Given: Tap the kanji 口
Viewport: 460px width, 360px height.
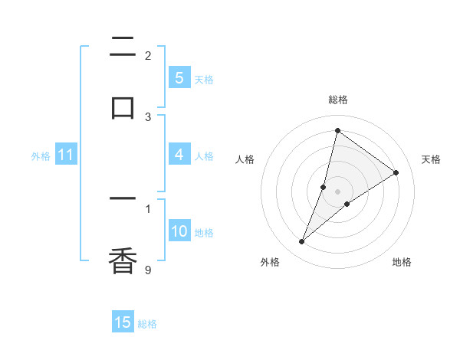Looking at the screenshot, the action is [123, 106].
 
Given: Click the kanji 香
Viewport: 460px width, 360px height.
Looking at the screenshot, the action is [123, 260].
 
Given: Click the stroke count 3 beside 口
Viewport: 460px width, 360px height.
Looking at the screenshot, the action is [148, 116].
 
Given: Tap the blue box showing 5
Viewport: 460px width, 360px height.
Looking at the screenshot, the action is [179, 78].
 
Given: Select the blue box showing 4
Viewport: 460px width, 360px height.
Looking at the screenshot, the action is [179, 155].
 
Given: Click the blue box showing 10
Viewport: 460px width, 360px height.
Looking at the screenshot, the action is [179, 231].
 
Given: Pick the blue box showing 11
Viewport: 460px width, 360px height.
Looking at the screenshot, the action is [66, 155].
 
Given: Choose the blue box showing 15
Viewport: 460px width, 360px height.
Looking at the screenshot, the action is [123, 322].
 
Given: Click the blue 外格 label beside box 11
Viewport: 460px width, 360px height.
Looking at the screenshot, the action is [41, 155].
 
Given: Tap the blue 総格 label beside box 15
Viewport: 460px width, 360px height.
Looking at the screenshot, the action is [147, 323].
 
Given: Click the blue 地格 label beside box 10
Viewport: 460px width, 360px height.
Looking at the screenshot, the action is [204, 232].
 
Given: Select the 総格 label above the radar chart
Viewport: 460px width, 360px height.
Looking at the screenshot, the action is [337, 100].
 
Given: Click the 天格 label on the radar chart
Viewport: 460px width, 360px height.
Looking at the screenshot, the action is [431, 159].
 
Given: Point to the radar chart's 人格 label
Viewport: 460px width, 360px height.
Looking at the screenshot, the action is [245, 159].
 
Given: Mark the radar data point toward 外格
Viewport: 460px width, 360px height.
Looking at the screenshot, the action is [302, 242].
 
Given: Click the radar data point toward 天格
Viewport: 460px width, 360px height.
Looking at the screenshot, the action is [396, 173].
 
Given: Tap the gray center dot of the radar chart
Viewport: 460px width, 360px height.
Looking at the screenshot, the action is [337, 191].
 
